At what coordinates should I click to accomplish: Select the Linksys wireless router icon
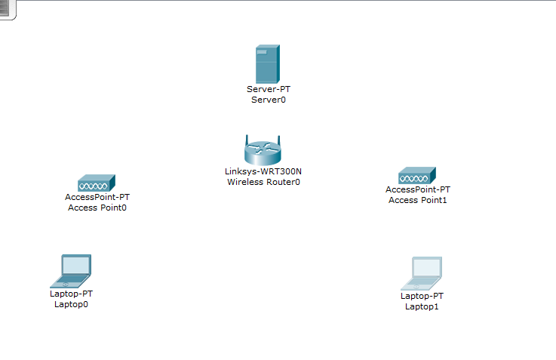(x=263, y=152)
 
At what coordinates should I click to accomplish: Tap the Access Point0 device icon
(x=96, y=183)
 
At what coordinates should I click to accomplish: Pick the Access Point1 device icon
(x=418, y=176)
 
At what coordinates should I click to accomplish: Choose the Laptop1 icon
(x=422, y=273)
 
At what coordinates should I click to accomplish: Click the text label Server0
(x=268, y=99)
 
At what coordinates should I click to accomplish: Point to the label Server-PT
(x=268, y=89)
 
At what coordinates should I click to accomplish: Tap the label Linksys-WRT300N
(x=263, y=171)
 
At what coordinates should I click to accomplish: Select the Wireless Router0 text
(x=263, y=182)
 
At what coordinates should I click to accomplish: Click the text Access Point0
(x=97, y=208)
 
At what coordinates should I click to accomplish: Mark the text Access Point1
(x=418, y=200)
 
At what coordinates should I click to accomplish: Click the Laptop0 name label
(x=71, y=304)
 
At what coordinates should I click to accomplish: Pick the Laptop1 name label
(x=422, y=306)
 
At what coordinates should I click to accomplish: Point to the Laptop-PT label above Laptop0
(x=71, y=294)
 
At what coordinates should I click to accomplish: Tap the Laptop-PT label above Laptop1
(x=422, y=296)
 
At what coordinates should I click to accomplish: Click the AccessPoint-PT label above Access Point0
(x=97, y=197)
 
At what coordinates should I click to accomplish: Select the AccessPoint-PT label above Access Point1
(x=418, y=189)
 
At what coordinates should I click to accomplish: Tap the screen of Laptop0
(x=76, y=265)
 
